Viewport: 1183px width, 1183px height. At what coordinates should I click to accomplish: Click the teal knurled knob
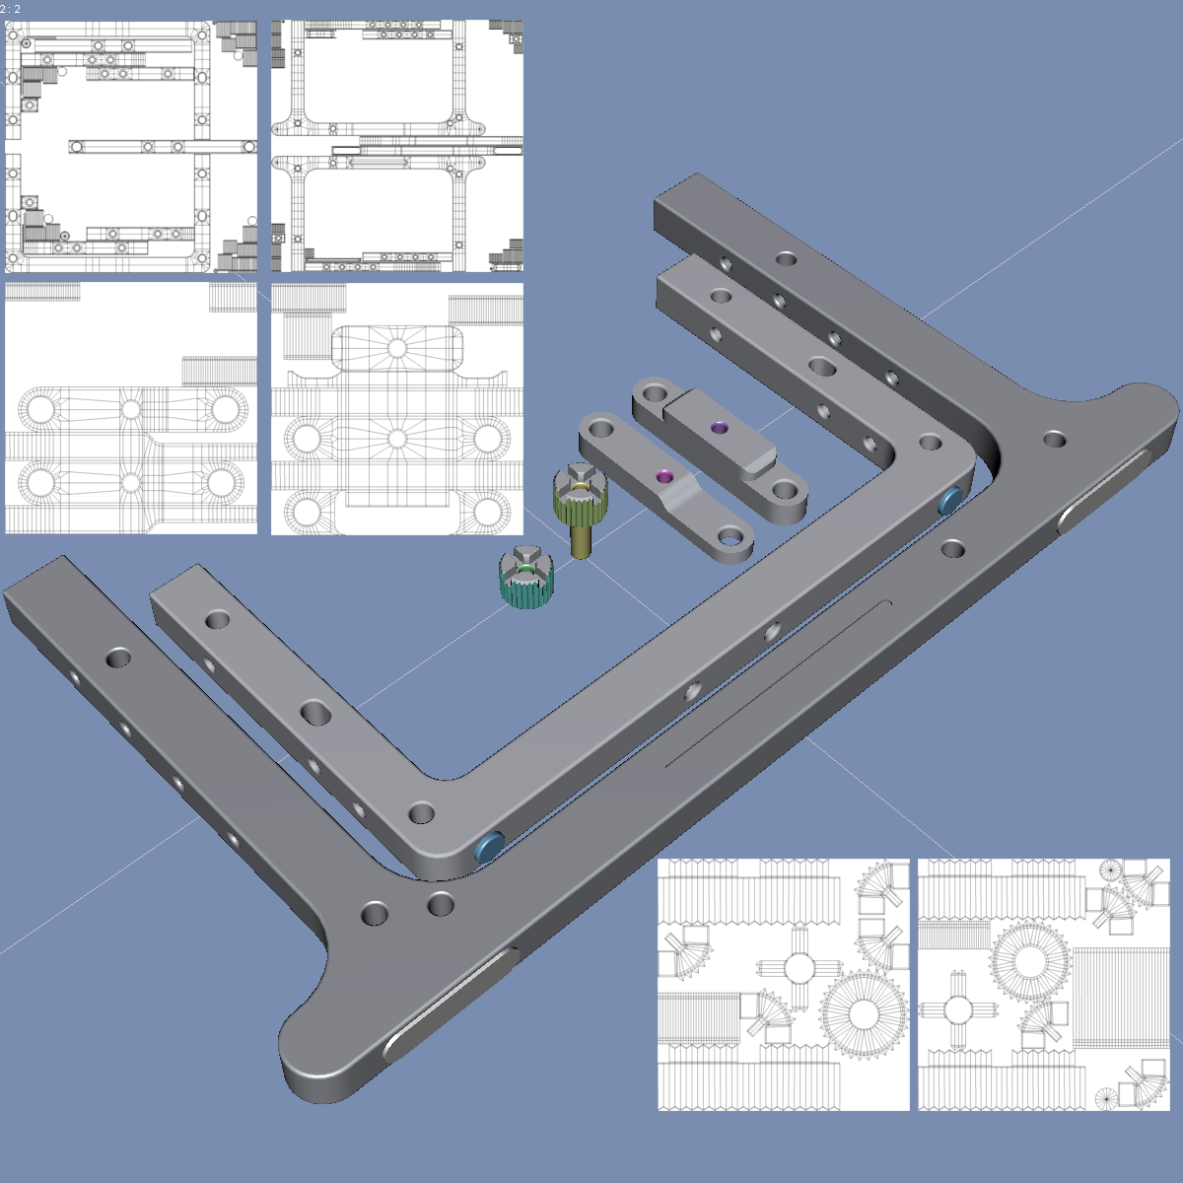pyautogui.click(x=526, y=577)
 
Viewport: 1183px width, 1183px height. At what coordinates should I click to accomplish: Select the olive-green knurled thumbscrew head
pyautogui.click(x=580, y=492)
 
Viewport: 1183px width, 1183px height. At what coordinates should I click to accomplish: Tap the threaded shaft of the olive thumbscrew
pyautogui.click(x=581, y=539)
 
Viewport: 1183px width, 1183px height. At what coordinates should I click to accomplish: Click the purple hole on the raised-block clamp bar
pyautogui.click(x=719, y=427)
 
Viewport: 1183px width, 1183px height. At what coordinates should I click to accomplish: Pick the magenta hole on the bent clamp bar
pyautogui.click(x=664, y=476)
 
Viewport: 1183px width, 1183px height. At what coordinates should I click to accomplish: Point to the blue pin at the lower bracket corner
pyautogui.click(x=489, y=847)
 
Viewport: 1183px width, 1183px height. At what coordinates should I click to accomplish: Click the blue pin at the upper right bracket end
pyautogui.click(x=950, y=501)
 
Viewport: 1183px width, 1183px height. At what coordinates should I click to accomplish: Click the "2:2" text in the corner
pyautogui.click(x=11, y=9)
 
